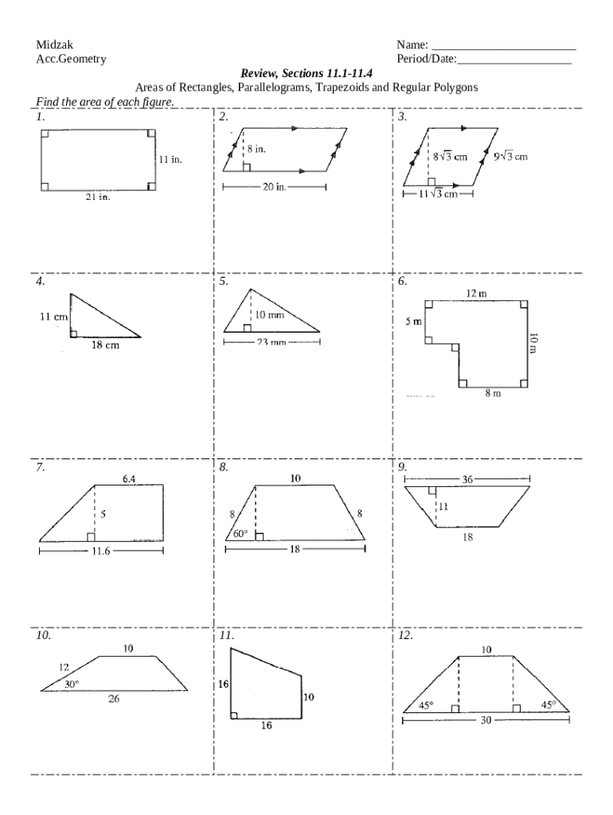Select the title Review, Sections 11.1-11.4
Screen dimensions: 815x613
click(x=306, y=74)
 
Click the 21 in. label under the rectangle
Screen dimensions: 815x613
click(x=98, y=198)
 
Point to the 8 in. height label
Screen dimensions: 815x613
click(x=256, y=149)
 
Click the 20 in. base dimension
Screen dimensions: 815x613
click(x=274, y=187)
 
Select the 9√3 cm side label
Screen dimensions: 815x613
click(x=510, y=157)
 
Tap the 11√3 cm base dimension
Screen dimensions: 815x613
click(x=438, y=194)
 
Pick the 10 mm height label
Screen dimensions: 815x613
click(x=270, y=315)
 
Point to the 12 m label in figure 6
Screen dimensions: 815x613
click(x=476, y=294)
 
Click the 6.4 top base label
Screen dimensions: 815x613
click(x=130, y=478)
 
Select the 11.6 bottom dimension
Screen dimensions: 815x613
click(x=100, y=550)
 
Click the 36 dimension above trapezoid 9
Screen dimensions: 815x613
click(x=467, y=479)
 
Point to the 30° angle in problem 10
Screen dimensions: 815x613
click(x=72, y=684)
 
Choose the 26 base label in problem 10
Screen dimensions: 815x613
click(x=114, y=700)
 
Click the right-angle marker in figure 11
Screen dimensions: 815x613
click(x=234, y=715)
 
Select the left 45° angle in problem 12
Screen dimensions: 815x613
click(x=427, y=704)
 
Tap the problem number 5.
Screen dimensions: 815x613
click(x=224, y=281)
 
